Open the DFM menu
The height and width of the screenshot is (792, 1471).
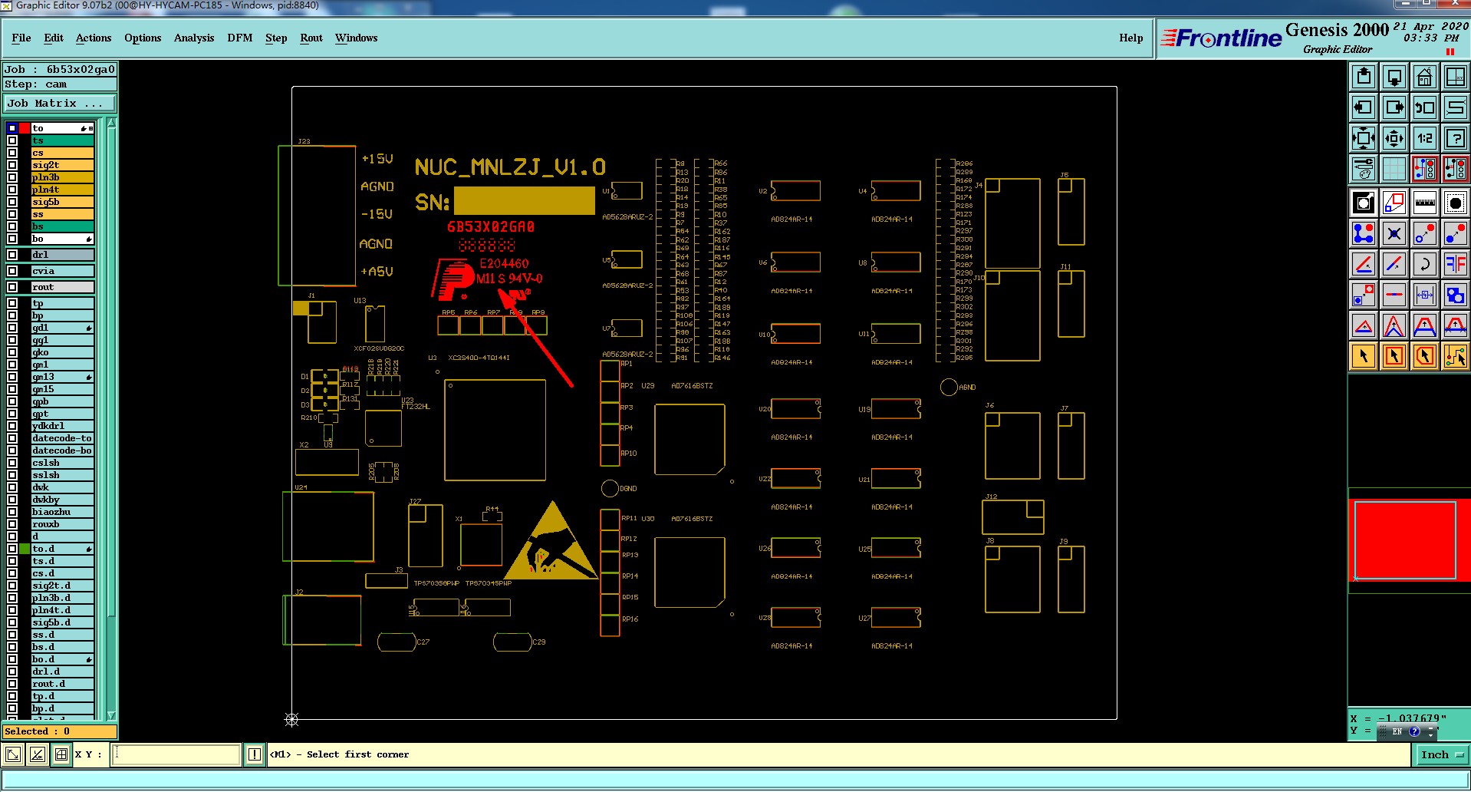239,38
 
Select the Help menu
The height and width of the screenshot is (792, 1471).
1130,38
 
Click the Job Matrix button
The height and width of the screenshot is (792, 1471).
60,103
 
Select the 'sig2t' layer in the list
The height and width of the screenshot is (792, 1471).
61,165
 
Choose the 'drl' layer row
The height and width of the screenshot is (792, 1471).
61,255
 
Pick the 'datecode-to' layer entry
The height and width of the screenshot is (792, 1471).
61,438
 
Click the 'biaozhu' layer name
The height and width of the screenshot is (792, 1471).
61,512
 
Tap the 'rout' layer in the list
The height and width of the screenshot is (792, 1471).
61,287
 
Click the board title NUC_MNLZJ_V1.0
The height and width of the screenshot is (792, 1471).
510,167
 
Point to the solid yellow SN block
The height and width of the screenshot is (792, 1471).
525,201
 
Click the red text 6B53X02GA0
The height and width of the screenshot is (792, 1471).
491,227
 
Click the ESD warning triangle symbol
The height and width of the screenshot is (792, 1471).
551,543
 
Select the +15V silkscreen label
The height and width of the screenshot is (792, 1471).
377,159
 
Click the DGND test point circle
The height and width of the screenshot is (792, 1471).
610,488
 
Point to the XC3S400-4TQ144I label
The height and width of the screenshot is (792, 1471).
479,358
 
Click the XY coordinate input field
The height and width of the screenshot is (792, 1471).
176,754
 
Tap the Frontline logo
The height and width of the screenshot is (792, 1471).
1221,38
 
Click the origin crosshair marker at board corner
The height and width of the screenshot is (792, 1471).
291,719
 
